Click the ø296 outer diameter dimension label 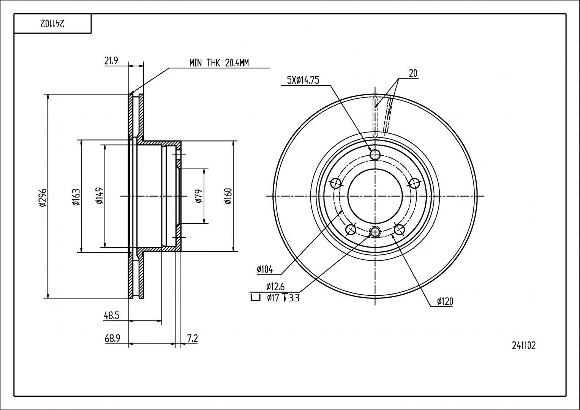coord(43,197)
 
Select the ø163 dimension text coord(76,197)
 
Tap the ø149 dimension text coord(100,196)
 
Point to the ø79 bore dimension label coord(199,196)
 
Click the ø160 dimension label coord(228,196)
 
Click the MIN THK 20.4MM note coord(219,63)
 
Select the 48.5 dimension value coord(111,316)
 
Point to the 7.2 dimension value coord(193,338)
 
